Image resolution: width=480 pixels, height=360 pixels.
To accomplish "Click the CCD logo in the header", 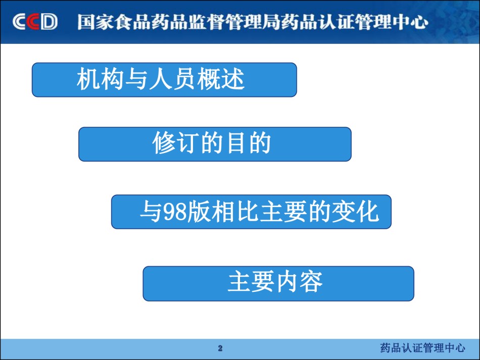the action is [x=35, y=22].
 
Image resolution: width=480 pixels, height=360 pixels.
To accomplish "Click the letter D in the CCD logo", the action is [x=49, y=22].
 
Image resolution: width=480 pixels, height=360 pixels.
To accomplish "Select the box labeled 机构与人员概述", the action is [x=164, y=80].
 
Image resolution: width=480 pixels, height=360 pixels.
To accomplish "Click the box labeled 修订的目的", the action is [x=215, y=144].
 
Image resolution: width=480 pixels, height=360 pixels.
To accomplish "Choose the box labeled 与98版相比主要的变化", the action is [x=251, y=212].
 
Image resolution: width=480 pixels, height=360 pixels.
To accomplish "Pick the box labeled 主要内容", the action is [x=278, y=283].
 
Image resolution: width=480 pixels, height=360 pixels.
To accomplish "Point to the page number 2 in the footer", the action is [x=220, y=348].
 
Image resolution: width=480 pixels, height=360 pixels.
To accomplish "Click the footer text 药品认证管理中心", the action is [x=423, y=348].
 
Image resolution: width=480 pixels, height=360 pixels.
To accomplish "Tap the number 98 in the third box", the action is [x=175, y=212].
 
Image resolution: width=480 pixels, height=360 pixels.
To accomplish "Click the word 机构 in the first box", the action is [x=101, y=79].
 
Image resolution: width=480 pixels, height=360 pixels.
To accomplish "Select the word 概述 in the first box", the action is [x=221, y=79].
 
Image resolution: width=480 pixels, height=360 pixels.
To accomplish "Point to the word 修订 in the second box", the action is [x=176, y=143].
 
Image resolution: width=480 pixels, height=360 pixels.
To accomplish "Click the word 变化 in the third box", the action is [x=355, y=212].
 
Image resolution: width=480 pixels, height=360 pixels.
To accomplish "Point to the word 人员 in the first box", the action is [x=173, y=79].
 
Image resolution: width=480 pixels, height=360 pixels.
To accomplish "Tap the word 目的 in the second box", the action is [x=248, y=143].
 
